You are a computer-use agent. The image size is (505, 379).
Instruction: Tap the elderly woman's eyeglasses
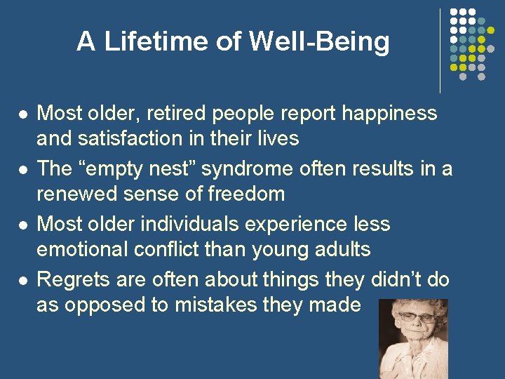coord(417,317)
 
